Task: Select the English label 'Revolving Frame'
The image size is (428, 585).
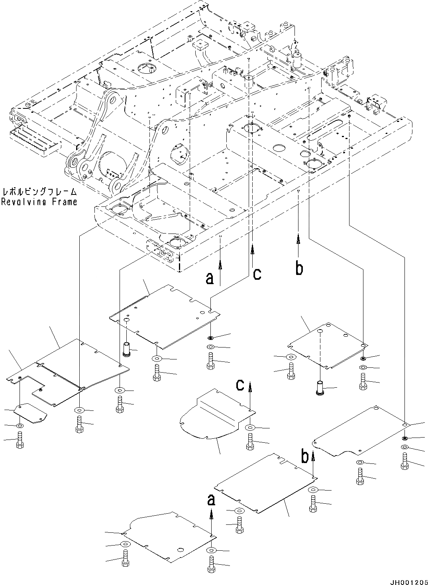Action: [39, 202]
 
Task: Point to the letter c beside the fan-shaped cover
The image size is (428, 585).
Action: [240, 385]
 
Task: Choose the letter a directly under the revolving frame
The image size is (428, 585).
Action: [210, 279]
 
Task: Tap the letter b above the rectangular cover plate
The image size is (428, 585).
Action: [304, 457]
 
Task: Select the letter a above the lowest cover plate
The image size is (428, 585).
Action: [211, 500]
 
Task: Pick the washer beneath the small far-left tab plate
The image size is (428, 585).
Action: [20, 426]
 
